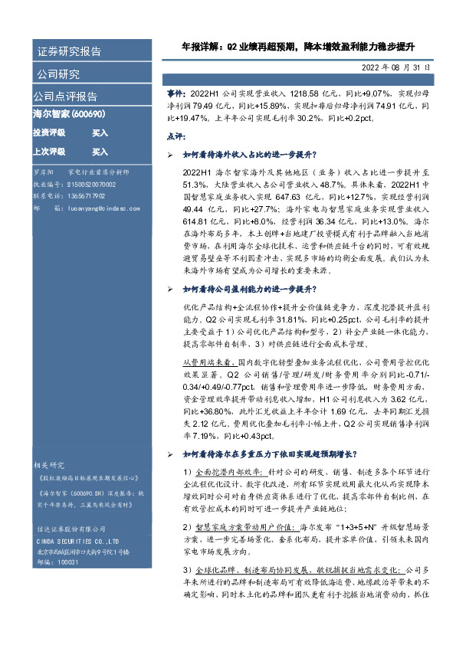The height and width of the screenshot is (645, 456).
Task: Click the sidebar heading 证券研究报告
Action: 69,52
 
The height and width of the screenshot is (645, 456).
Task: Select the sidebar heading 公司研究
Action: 58,75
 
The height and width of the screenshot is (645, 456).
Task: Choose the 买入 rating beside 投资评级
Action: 100,133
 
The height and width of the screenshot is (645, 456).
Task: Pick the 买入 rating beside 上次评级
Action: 100,152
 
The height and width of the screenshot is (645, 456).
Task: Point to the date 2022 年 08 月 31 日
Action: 395,68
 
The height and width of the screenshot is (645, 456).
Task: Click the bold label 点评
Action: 176,136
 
